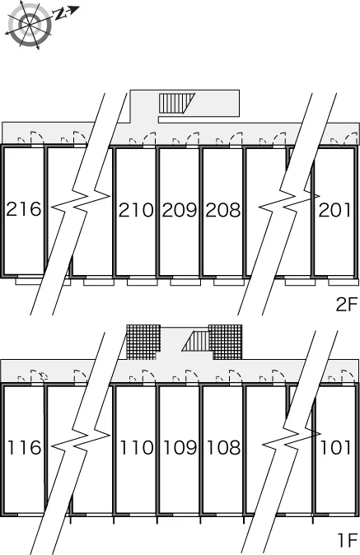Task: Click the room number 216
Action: point(24,209)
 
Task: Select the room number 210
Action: point(136,210)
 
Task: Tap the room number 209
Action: point(180,210)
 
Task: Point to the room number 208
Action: point(223,210)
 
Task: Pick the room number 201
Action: point(334,210)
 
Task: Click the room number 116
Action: point(24,447)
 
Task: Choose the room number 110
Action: point(137,447)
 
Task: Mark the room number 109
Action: point(180,447)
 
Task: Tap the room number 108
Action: point(223,447)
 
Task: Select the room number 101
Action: point(335,447)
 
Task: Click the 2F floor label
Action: point(347,305)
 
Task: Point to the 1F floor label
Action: point(348,540)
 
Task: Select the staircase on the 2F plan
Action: point(177,104)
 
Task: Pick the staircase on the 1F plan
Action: point(196,341)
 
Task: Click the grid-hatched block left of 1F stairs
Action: point(143,342)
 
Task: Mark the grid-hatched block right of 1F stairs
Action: point(226,342)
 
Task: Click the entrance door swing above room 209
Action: point(193,138)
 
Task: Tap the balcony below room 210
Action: point(143,282)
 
